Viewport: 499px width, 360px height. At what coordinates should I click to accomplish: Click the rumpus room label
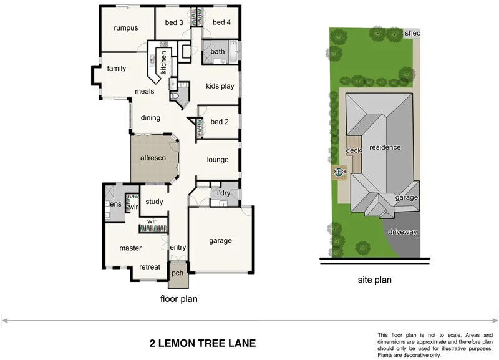tap(125, 28)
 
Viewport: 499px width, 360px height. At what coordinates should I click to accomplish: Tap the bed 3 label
tap(174, 23)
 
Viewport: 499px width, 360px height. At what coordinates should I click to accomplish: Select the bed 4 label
tap(221, 23)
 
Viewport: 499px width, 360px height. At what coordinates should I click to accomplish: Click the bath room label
tap(218, 52)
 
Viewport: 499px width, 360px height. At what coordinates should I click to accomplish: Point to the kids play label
tap(220, 86)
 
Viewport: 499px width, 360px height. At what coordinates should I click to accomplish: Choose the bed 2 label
tap(220, 122)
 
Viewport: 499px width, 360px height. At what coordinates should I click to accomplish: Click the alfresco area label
tap(152, 158)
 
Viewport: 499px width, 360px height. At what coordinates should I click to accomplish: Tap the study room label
tap(153, 202)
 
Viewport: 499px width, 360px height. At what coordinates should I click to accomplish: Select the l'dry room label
tap(224, 194)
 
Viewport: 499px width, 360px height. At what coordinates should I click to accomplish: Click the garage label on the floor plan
tap(220, 241)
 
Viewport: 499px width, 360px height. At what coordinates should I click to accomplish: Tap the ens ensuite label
tap(115, 204)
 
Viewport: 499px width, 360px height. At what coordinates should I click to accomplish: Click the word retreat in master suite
tap(150, 267)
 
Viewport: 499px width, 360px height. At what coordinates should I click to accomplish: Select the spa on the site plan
tap(340, 172)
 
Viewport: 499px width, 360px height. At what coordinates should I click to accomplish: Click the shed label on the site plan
tap(412, 33)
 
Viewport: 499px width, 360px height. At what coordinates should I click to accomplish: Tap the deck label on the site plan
tap(354, 150)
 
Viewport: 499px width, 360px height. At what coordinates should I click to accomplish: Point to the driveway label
tap(402, 232)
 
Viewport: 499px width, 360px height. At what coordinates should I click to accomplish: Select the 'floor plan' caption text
tap(179, 299)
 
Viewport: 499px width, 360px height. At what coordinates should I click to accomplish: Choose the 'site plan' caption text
tap(374, 280)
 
